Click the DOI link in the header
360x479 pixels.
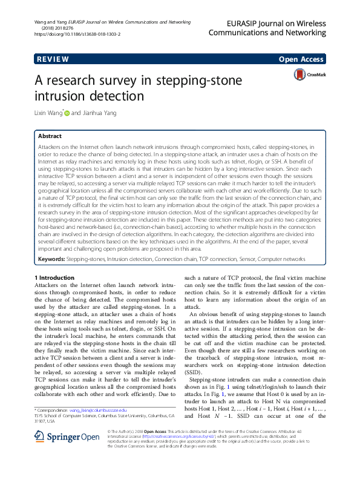77,35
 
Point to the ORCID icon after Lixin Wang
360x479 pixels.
68,112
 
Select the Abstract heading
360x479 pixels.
50,136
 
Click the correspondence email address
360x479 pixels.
99,410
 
